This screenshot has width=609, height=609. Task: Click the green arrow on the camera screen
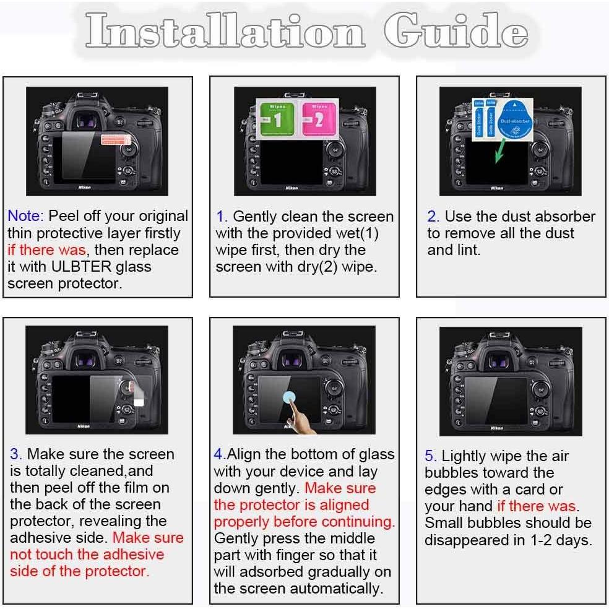[x=499, y=152]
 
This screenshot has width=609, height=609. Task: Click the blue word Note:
[x=25, y=216]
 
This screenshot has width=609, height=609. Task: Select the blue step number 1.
[x=222, y=217]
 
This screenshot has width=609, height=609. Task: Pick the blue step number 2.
[x=433, y=217]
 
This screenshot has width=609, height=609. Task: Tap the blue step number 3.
[x=15, y=454]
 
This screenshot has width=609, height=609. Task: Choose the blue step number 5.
[x=430, y=456]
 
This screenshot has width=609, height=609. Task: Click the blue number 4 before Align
[x=218, y=454]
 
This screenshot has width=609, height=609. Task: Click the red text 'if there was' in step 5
[x=536, y=506]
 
